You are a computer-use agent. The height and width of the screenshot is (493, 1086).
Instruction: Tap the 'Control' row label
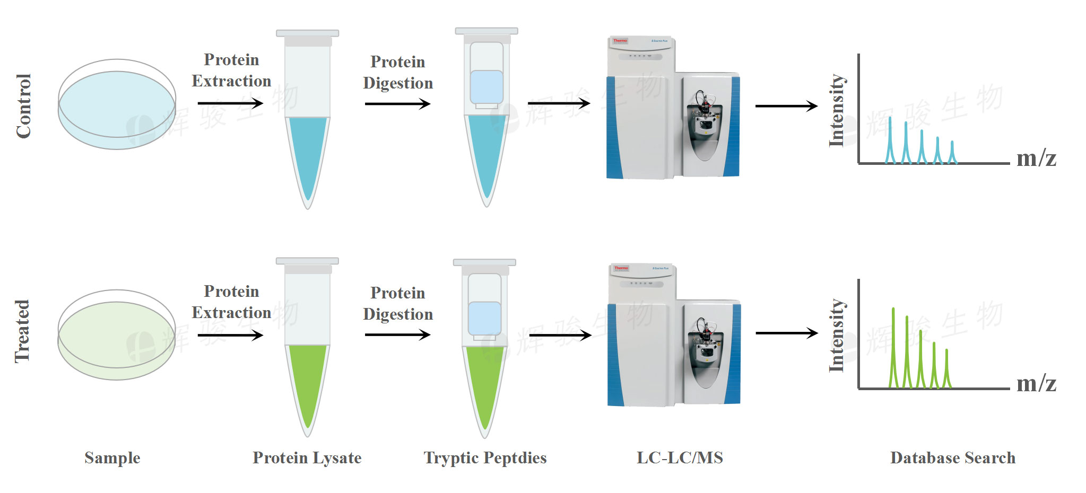pyautogui.click(x=24, y=106)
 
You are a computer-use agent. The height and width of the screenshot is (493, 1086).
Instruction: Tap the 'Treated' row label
pyautogui.click(x=22, y=331)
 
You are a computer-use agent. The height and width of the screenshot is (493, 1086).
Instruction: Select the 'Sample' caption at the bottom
pyautogui.click(x=112, y=457)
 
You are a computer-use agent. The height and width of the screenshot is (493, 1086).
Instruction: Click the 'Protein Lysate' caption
pyautogui.click(x=307, y=457)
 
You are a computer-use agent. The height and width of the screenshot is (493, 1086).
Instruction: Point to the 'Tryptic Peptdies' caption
pyautogui.click(x=485, y=457)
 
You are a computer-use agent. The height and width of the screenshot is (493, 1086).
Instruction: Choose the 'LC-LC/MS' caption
pyautogui.click(x=680, y=457)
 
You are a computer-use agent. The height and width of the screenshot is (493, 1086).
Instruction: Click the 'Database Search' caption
pyautogui.click(x=953, y=457)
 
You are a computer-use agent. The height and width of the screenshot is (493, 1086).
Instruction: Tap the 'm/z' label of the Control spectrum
pyautogui.click(x=1036, y=158)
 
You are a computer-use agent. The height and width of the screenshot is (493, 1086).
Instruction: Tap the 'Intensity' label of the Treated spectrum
pyautogui.click(x=837, y=335)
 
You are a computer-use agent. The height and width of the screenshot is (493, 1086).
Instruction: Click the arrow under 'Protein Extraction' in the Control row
pyautogui.click(x=230, y=103)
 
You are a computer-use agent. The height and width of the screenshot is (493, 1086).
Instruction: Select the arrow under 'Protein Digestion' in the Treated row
pyautogui.click(x=397, y=334)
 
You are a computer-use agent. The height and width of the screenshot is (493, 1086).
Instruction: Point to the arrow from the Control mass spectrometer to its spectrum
pyautogui.click(x=786, y=106)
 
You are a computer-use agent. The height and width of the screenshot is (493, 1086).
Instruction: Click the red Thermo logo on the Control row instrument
pyautogui.click(x=620, y=41)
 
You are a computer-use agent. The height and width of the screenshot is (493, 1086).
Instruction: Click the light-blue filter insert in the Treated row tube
pyautogui.click(x=484, y=318)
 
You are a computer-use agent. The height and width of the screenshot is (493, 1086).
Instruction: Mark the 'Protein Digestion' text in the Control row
pyautogui.click(x=398, y=73)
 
